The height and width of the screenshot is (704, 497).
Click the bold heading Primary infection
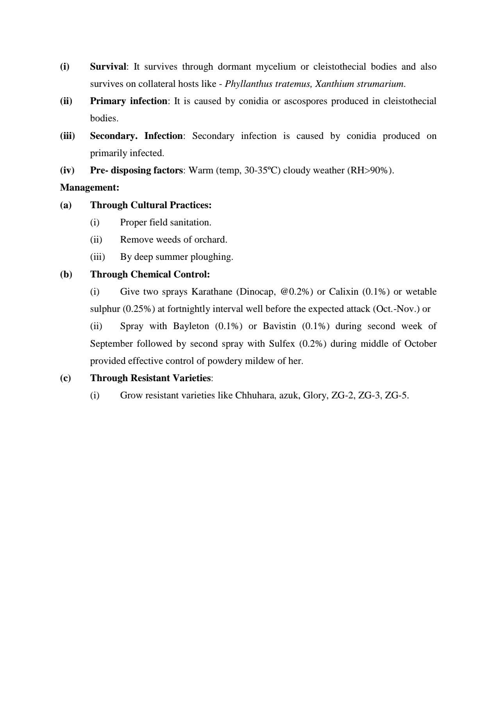129,101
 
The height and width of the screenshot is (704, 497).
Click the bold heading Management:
89,187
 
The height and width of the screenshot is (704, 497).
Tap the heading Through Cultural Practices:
151,205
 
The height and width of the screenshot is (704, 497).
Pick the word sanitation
191,222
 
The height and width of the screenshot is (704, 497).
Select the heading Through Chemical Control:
150,274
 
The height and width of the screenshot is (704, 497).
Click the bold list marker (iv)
67,170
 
